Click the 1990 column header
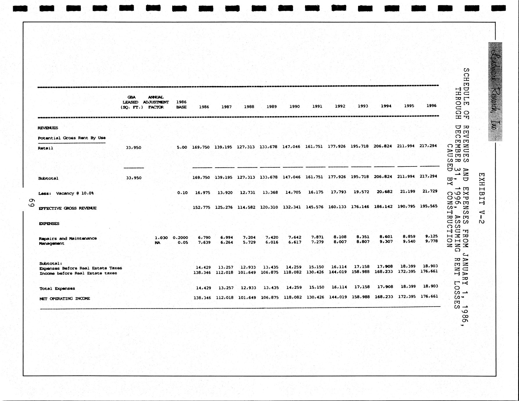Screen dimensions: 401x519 294,107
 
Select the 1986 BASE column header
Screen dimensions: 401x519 181,105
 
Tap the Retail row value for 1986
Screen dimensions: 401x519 201,147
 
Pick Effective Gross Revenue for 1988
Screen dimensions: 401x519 247,207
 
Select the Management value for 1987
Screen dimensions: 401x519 227,242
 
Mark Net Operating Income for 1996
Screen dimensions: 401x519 429,296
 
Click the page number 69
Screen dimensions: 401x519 31,203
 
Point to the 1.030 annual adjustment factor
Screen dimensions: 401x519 161,238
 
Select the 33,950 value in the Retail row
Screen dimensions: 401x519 134,148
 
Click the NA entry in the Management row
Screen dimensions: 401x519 157,243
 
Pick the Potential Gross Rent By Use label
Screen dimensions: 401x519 71,138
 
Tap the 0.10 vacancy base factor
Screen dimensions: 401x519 182,193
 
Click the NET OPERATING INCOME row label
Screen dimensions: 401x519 65,298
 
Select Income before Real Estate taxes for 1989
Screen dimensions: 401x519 270,272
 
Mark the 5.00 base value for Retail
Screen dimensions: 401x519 182,147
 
